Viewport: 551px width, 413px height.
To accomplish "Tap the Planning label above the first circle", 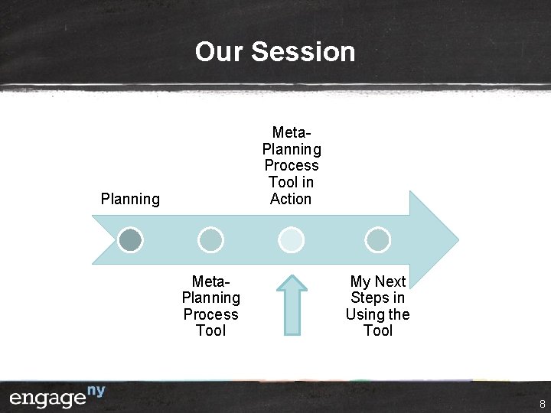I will coord(130,200).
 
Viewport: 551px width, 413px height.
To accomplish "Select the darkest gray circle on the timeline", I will coord(131,240).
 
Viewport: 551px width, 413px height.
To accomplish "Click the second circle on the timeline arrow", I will coord(210,240).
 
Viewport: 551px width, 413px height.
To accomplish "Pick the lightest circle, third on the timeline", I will coord(291,240).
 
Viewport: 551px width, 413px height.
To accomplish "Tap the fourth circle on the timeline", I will coord(377,240).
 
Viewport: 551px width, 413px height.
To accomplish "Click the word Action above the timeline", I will coord(291,199).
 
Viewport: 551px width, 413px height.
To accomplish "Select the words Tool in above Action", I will coord(291,182).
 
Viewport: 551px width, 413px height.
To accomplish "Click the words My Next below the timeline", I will coord(377,281).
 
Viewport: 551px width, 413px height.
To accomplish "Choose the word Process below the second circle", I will coord(210,314).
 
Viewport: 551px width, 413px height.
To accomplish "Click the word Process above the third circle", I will coord(291,165).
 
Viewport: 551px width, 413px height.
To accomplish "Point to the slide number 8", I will coord(542,403).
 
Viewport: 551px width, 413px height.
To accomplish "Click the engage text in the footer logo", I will coord(47,398).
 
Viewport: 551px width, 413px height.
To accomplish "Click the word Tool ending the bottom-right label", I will coord(377,330).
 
